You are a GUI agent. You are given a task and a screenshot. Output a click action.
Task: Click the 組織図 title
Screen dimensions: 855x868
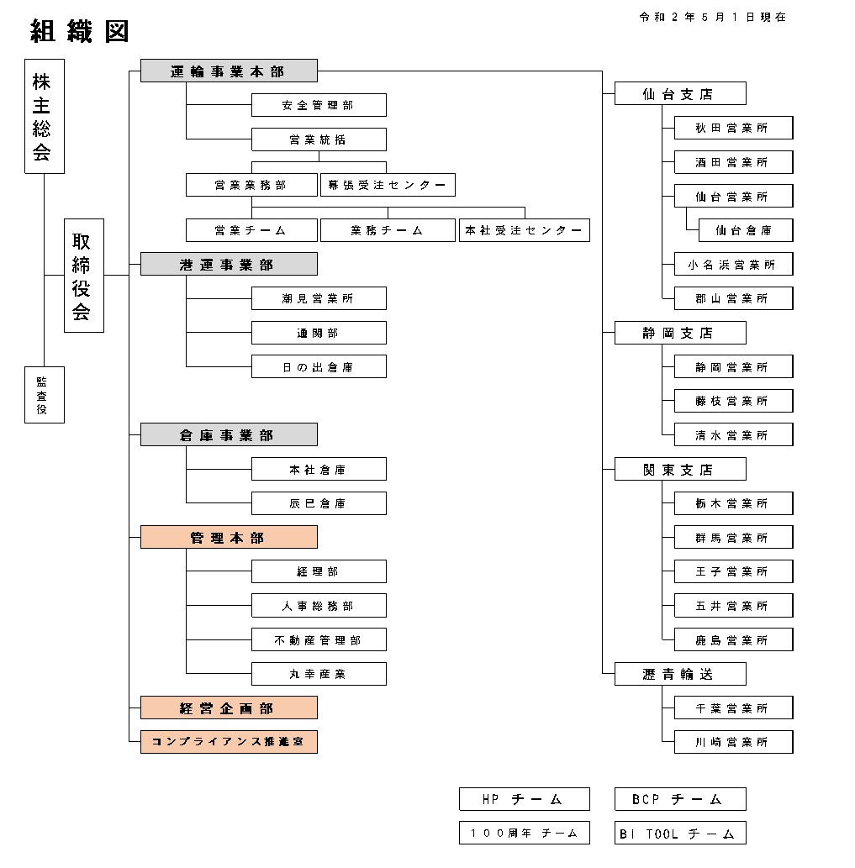(x=80, y=31)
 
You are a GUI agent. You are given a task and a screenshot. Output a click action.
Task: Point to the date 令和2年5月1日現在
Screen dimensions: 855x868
(x=713, y=17)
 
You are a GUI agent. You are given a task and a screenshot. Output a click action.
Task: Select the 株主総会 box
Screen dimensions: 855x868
(x=45, y=116)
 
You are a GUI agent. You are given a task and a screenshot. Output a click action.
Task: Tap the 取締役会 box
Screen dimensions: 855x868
(x=84, y=276)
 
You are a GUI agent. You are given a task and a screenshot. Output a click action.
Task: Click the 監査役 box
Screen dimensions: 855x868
(x=45, y=395)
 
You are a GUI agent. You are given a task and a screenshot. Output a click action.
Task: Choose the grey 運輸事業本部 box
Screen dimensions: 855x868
(x=229, y=71)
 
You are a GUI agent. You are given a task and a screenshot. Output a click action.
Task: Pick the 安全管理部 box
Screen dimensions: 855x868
(x=319, y=105)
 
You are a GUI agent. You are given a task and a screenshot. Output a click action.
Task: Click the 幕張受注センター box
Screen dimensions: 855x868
(x=388, y=185)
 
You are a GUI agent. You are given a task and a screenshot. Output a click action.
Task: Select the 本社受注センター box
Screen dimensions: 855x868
(x=525, y=230)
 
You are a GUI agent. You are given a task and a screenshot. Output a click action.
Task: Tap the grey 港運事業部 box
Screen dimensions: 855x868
(x=229, y=264)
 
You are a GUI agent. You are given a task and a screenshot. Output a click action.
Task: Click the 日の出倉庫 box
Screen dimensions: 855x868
(x=319, y=366)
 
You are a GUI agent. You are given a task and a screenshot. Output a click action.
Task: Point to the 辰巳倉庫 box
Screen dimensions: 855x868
(x=319, y=503)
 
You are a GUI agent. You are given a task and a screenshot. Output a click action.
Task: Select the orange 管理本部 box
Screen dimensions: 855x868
(x=229, y=537)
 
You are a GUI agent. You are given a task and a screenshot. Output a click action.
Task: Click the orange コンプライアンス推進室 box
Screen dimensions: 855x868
(x=229, y=742)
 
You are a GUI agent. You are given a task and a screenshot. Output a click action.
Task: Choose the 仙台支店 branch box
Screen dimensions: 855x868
(x=680, y=93)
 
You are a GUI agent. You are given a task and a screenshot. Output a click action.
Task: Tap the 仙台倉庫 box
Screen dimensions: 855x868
(x=746, y=230)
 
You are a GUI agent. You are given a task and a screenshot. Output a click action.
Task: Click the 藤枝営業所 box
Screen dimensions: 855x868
(x=733, y=401)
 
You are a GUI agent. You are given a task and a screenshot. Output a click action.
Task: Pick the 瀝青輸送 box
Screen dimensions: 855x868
(x=680, y=674)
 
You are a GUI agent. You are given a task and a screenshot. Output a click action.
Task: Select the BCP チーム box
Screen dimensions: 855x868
(x=680, y=799)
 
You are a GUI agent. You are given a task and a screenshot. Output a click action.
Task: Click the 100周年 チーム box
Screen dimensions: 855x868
(x=525, y=833)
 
